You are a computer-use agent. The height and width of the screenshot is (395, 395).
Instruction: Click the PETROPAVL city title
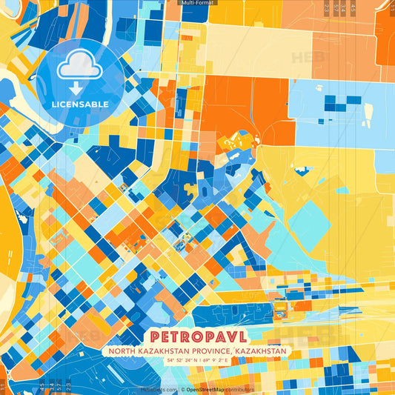coord(196,336)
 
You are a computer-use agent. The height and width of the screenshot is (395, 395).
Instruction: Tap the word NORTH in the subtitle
coord(122,351)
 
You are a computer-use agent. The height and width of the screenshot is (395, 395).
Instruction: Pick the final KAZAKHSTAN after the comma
coord(261,351)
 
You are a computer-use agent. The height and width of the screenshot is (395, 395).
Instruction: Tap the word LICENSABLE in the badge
coord(80,104)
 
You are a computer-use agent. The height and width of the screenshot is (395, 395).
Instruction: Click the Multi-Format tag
coord(198,3)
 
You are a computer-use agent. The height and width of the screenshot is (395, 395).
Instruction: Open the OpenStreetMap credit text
coord(210,389)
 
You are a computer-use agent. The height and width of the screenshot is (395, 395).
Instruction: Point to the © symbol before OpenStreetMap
coord(183,389)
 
